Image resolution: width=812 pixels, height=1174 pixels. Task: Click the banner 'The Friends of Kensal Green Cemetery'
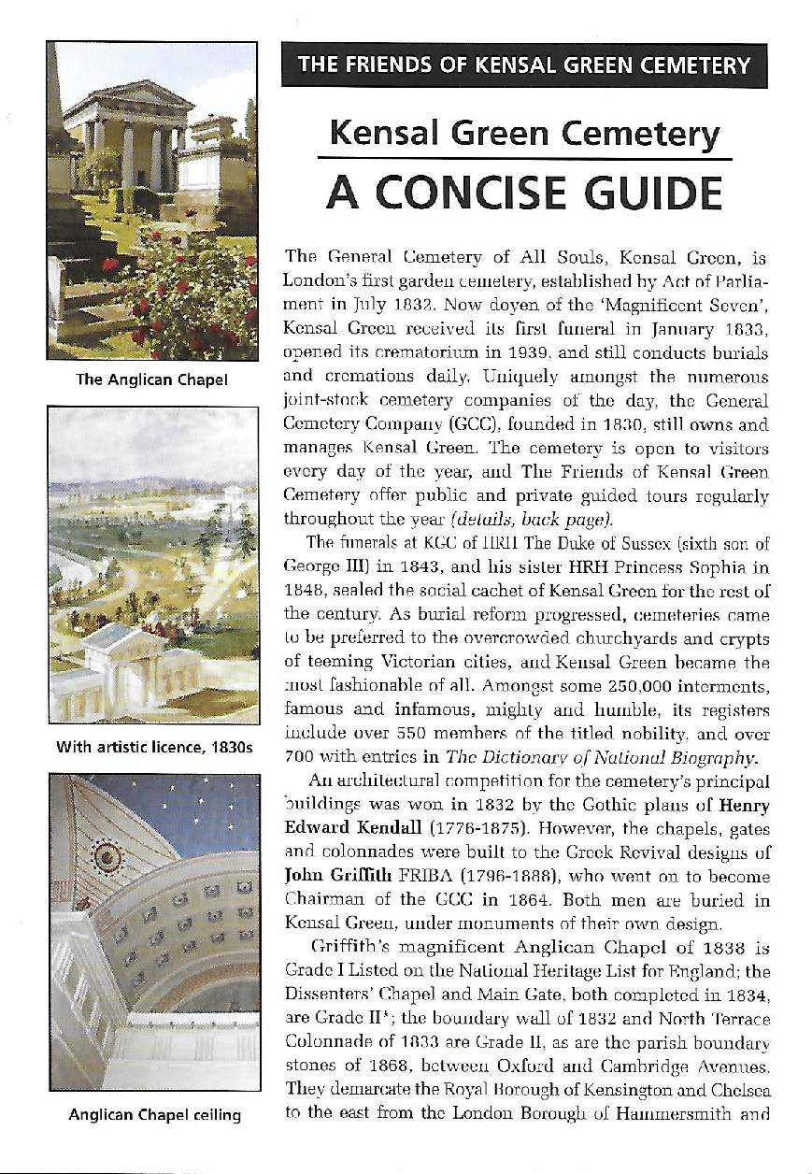point(523,65)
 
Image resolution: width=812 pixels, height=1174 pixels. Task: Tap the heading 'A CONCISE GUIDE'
point(523,193)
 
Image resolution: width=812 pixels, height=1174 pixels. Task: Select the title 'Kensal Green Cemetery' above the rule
point(523,136)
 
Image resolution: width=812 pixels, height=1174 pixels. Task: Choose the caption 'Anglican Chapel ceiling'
point(152,1114)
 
